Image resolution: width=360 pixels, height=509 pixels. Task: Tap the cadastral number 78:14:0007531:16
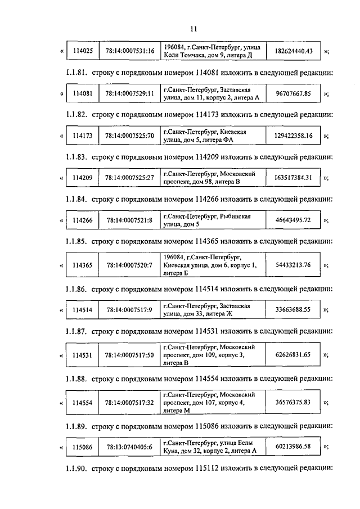(130, 51)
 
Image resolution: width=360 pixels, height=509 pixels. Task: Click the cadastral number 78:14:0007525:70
(130, 136)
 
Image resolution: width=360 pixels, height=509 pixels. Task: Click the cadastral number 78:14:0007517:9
(130, 309)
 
